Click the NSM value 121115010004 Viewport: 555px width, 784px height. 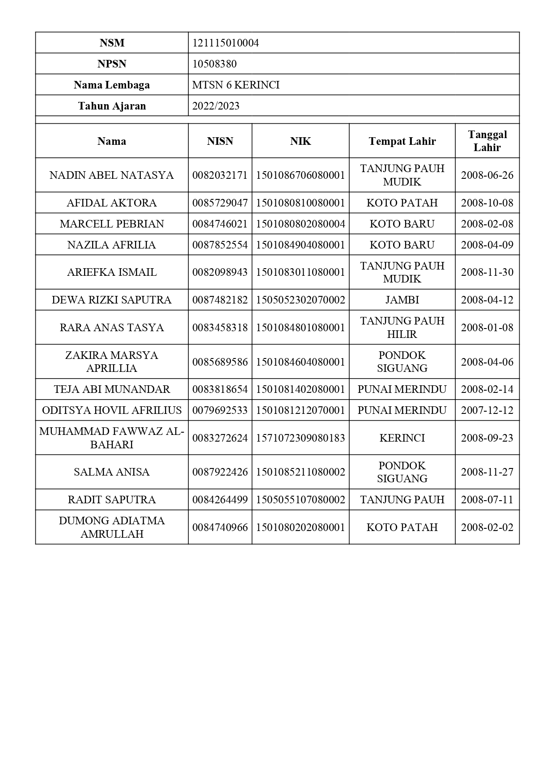(225, 43)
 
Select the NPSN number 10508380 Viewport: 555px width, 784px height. (214, 64)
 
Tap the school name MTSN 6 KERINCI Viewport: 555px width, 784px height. (236, 85)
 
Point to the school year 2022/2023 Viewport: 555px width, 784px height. (216, 106)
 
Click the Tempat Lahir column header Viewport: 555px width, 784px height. (402, 141)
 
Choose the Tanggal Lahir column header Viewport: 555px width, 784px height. (487, 141)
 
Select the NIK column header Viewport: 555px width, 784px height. (300, 141)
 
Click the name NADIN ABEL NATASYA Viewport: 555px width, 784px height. (111, 175)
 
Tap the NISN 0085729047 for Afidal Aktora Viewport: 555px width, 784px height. (220, 203)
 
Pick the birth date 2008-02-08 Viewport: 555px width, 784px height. (487, 224)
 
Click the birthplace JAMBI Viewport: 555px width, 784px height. (402, 300)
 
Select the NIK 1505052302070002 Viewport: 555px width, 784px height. (300, 300)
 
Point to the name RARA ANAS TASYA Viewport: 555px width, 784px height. (111, 328)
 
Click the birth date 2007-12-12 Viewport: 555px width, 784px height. (487, 410)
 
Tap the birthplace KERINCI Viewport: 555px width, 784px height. (402, 438)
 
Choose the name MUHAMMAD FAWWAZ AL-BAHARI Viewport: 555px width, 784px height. (111, 438)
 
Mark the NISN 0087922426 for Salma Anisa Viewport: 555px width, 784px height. (220, 472)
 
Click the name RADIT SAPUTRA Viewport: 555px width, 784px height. (111, 500)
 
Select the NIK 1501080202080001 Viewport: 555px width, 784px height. (300, 527)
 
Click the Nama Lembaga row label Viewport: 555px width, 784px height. (111, 85)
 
